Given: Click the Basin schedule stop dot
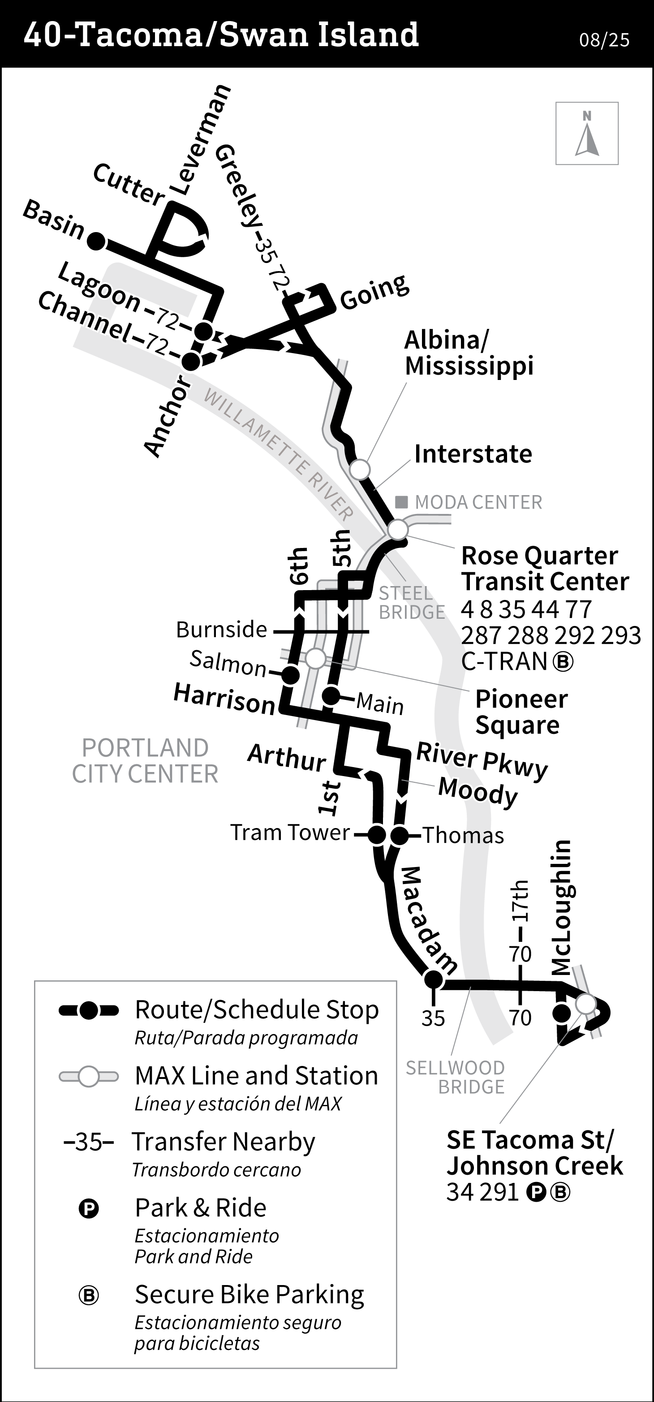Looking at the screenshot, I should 96,241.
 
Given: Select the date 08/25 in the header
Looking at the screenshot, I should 604,40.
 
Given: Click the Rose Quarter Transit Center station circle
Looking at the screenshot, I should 398,529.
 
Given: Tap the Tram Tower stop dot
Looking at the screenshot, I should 377,834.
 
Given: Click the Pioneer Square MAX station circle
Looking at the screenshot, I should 315,659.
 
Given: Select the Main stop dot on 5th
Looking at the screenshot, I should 330,695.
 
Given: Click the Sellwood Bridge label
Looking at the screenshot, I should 456,1077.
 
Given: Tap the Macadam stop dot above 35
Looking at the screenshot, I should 433,979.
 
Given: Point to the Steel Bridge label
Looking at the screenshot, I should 412,603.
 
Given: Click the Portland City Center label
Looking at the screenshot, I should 145,760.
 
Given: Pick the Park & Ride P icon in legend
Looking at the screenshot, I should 89,1209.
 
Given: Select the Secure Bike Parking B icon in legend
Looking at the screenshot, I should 89,1296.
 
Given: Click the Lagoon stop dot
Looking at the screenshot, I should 203,330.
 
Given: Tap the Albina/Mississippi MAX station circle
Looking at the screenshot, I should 359,469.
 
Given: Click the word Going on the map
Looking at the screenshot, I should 374,291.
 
